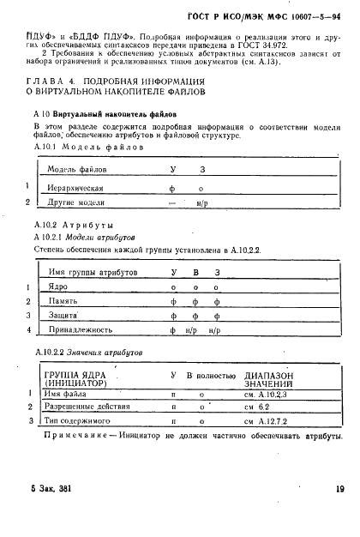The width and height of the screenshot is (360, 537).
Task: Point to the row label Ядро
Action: (x=57, y=287)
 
